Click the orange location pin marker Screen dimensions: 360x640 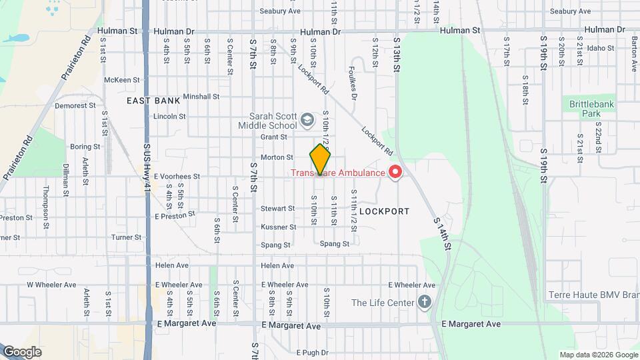coord(321,159)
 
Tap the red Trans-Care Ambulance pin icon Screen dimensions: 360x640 coord(395,173)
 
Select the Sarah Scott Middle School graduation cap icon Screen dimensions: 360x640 coord(307,120)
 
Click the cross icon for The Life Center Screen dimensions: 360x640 coord(425,303)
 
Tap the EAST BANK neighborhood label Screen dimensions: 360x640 coord(153,101)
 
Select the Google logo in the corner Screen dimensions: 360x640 coord(21,351)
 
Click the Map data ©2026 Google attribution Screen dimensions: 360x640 coord(598,355)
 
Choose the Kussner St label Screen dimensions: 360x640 coord(278,227)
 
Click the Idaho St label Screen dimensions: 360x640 coord(601,48)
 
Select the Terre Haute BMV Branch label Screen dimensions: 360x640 coord(593,295)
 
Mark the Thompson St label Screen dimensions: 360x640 coord(46,199)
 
